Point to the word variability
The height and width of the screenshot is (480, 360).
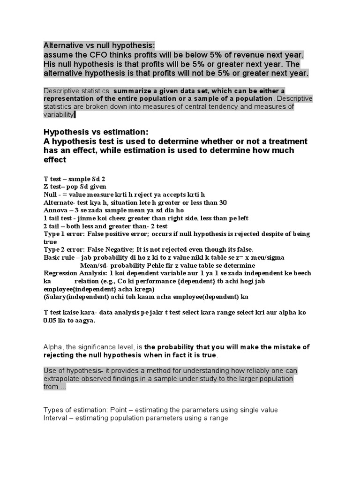click(59, 115)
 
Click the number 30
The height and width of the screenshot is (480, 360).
click(223, 202)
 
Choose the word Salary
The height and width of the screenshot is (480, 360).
click(57, 297)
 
